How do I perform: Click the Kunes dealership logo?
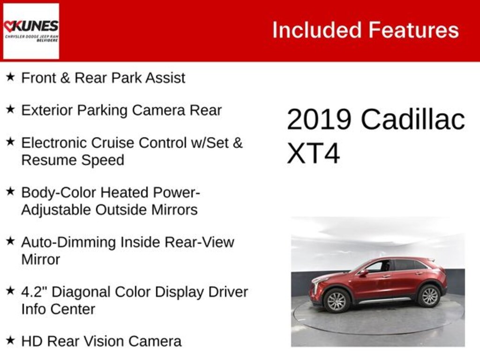pyautogui.click(x=31, y=31)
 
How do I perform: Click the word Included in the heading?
pyautogui.click(x=317, y=30)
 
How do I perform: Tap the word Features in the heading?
pyautogui.click(x=413, y=30)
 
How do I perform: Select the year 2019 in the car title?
pyautogui.click(x=319, y=120)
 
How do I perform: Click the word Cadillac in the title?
pyautogui.click(x=413, y=119)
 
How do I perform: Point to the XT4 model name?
pyautogui.click(x=313, y=153)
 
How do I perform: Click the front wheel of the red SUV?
pyautogui.click(x=337, y=300)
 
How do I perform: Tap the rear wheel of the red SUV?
pyautogui.click(x=429, y=296)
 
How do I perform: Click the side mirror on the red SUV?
pyautogui.click(x=364, y=272)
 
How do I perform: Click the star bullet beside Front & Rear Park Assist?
pyautogui.click(x=10, y=77)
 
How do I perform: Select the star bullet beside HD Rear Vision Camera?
pyautogui.click(x=10, y=340)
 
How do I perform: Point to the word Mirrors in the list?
pyautogui.click(x=174, y=210)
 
